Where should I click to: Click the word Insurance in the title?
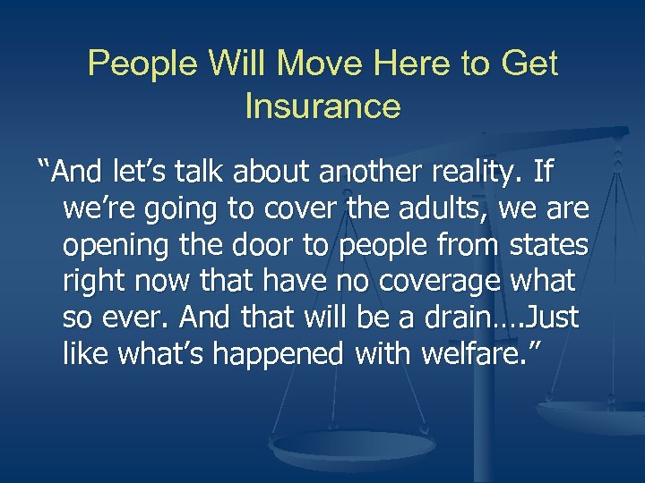pos(322,106)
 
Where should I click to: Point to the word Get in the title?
pos(530,64)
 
